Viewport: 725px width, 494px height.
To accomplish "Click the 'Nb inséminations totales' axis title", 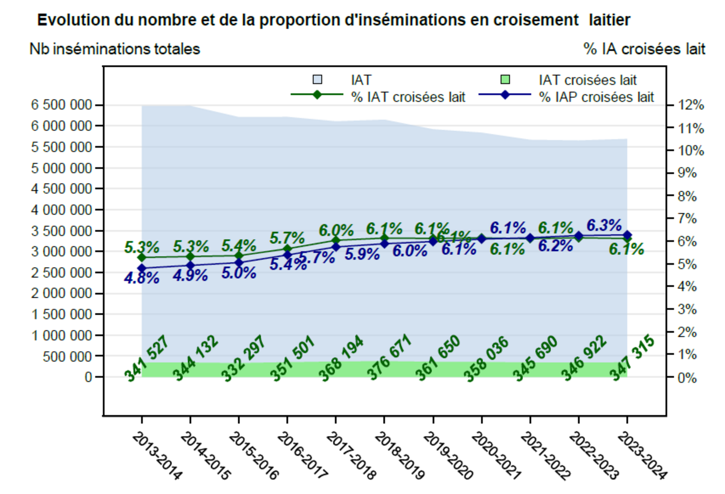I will pos(114,49).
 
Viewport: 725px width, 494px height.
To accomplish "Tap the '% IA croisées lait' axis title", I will pos(644,49).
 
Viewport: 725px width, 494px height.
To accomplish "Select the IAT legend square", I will pos(317,80).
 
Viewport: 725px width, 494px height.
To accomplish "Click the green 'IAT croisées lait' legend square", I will pos(505,80).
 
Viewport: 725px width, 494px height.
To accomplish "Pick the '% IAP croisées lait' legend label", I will pos(596,97).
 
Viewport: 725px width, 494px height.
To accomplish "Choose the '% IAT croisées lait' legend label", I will pos(408,97).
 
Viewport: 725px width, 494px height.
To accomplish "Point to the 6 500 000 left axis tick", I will pos(61,105).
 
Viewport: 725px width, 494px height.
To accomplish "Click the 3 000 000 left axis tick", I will pos(61,251).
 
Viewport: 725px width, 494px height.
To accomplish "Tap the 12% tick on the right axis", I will pos(691,105).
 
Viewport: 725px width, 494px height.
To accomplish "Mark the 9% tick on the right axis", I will pos(687,173).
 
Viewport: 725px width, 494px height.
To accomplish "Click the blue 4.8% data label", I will pos(142,278).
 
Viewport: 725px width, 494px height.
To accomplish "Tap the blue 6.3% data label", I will pos(604,225).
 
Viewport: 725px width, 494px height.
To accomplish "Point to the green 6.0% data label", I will pos(336,230).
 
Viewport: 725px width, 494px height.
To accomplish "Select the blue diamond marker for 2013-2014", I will pos(142,268).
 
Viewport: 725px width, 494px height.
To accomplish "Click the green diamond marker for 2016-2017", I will pos(287,249).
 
